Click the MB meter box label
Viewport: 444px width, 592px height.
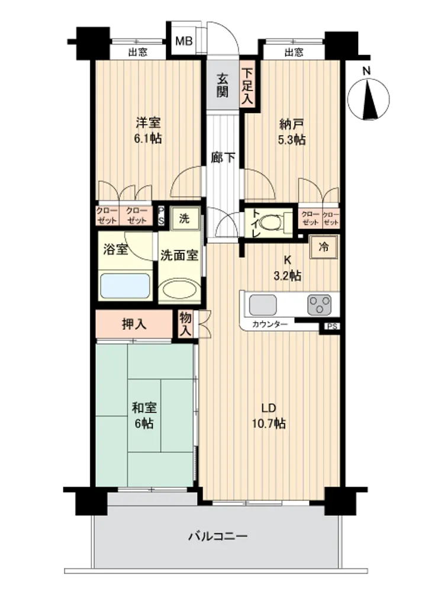point(184,41)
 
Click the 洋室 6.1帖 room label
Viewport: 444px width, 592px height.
point(148,130)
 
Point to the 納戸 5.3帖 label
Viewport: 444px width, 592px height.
point(291,132)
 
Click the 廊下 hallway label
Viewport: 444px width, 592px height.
point(223,157)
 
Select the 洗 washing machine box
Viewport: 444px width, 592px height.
point(184,218)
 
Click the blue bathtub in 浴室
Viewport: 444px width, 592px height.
point(125,286)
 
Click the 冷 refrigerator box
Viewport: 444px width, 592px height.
point(324,247)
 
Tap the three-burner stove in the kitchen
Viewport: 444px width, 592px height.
point(320,305)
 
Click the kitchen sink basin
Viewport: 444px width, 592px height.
point(262,305)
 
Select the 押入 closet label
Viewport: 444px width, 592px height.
point(134,324)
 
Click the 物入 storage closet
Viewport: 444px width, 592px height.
point(185,324)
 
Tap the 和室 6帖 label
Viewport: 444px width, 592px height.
point(144,416)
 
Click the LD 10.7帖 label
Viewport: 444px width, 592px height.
point(269,416)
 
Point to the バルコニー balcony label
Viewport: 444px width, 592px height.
point(218,536)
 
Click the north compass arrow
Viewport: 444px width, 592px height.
point(371,102)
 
